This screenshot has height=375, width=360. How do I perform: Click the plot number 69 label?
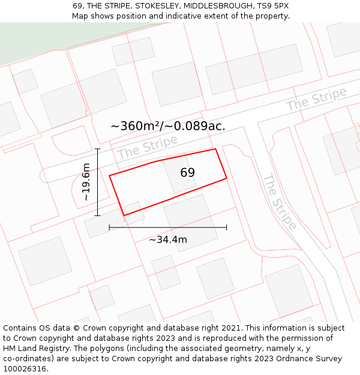187,173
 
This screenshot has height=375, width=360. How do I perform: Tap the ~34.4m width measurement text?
168,240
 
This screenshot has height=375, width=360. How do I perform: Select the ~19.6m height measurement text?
86,182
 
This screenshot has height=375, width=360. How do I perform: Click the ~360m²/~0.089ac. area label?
168,126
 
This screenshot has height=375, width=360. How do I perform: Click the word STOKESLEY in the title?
160,6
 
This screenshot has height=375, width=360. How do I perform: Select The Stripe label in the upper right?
316,99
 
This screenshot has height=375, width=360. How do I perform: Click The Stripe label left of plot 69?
148,147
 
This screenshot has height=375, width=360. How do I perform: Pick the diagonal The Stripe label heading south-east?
280,202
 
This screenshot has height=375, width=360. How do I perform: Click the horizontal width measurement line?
168,227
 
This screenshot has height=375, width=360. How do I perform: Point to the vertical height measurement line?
97,182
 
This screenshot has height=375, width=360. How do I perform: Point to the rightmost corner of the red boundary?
226,178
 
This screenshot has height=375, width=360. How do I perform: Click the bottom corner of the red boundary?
124,215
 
